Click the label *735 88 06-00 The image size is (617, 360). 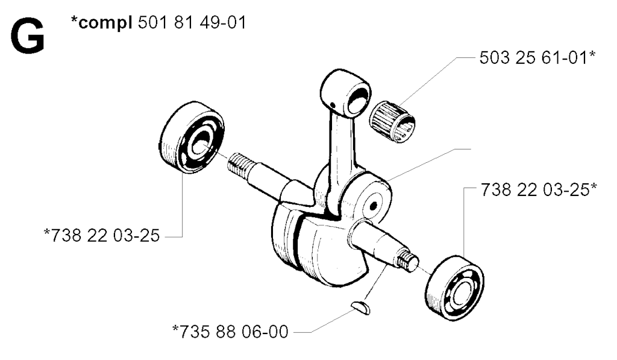click(x=231, y=331)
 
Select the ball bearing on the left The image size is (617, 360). click(x=191, y=145)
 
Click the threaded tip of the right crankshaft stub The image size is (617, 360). click(x=408, y=262)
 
